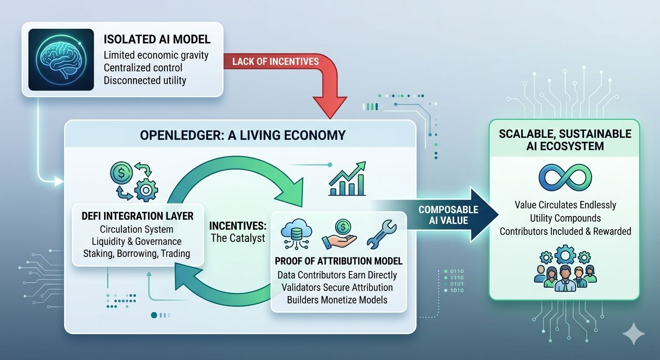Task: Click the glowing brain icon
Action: pyautogui.click(x=61, y=60)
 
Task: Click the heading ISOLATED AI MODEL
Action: pyautogui.click(x=157, y=39)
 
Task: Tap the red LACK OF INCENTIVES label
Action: pyautogui.click(x=276, y=61)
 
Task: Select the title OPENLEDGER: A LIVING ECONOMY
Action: pyautogui.click(x=242, y=135)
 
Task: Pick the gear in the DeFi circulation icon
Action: pyautogui.click(x=146, y=190)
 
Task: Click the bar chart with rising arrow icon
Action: pyautogui.click(x=347, y=179)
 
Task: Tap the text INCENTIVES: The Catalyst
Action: pyautogui.click(x=238, y=232)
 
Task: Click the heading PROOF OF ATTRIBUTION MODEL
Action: pyautogui.click(x=338, y=261)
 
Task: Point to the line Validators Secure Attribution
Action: pyautogui.click(x=337, y=287)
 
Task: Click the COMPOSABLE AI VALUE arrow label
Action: pyautogui.click(x=449, y=215)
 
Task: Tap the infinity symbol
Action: pyautogui.click(x=565, y=178)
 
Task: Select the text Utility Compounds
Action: pyautogui.click(x=565, y=218)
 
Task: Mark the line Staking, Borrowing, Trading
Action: pyautogui.click(x=136, y=253)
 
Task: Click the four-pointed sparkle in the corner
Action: pyautogui.click(x=633, y=334)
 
